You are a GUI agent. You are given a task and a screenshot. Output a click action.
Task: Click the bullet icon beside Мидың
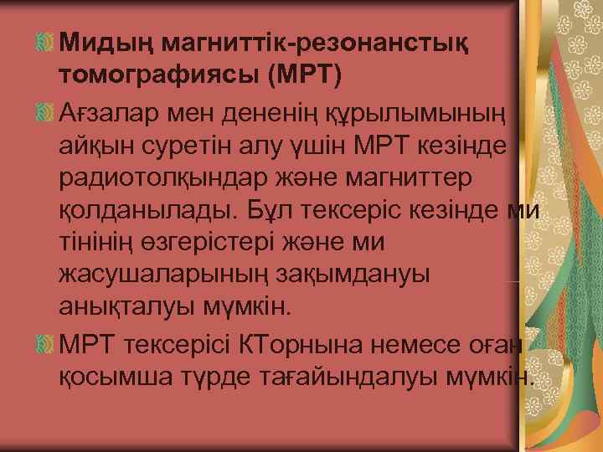point(46,41)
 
